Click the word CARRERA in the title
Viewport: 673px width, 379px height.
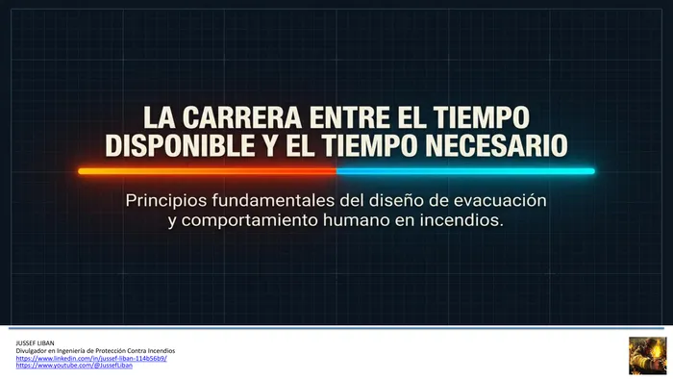coord(242,117)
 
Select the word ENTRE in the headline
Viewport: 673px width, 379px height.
coord(349,117)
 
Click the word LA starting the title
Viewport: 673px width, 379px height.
coord(160,117)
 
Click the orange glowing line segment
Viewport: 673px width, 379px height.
coord(208,171)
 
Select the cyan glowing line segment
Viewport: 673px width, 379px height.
coord(465,171)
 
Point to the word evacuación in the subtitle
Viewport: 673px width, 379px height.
coord(500,200)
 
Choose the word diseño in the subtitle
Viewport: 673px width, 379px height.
coord(392,200)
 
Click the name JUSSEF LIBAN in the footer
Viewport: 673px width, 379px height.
coord(36,343)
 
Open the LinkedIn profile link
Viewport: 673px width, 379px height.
coord(91,358)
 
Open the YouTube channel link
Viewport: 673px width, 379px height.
coord(74,366)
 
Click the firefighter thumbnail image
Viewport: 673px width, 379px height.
coord(648,356)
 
